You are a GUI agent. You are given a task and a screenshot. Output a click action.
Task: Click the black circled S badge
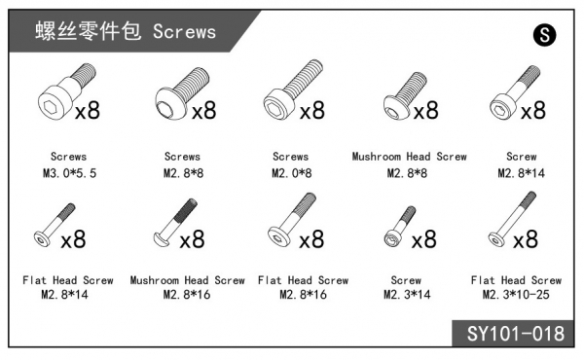[x=544, y=35]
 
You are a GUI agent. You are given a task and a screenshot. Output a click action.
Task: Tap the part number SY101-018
[x=516, y=334]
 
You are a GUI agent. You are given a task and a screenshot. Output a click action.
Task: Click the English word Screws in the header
[x=184, y=32]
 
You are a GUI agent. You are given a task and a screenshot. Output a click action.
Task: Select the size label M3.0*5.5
[x=70, y=173]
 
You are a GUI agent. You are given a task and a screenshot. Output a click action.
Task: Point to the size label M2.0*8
[x=292, y=173]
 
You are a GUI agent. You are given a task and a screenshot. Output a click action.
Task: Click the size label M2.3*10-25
[x=516, y=295]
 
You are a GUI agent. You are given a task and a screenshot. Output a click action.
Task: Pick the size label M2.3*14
[x=407, y=295]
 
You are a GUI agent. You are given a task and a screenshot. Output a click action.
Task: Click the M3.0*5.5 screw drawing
[x=66, y=91]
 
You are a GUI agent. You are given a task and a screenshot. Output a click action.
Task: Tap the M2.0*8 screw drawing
[x=293, y=90]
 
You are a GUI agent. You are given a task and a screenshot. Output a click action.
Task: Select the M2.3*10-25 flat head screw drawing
[x=512, y=219]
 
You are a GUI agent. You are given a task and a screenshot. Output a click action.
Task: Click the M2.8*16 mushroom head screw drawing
[x=174, y=222]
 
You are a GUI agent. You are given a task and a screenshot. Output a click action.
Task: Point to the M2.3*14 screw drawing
[x=400, y=227]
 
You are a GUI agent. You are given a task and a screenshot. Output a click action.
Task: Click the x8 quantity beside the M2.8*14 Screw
[x=533, y=111]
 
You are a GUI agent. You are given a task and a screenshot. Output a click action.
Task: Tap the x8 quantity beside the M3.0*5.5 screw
[x=88, y=111]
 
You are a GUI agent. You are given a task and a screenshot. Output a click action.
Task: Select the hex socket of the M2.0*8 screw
[x=274, y=106]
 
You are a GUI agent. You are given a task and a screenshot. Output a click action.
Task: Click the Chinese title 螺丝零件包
[x=89, y=31]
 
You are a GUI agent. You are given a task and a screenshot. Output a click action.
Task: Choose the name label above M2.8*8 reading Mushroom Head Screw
[x=410, y=157]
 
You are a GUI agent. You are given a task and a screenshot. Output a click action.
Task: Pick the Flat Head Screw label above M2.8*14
[x=68, y=280]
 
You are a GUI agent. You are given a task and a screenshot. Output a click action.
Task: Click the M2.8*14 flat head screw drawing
[x=55, y=225]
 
